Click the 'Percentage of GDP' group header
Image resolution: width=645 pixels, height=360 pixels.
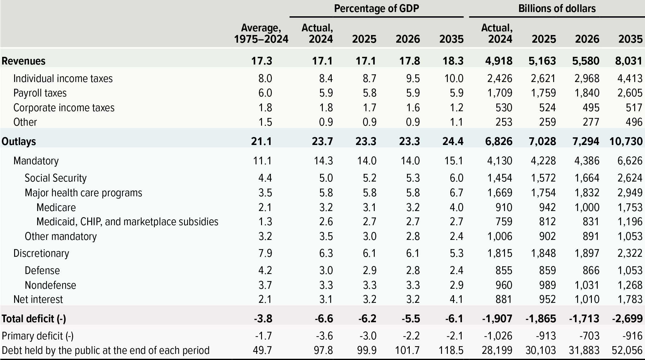click(x=376, y=9)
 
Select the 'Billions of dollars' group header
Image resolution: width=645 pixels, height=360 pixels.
click(x=557, y=9)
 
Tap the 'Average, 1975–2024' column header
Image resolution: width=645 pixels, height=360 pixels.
click(x=261, y=33)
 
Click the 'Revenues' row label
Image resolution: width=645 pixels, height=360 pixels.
click(x=24, y=61)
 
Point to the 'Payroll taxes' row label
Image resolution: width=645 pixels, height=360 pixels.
click(x=40, y=93)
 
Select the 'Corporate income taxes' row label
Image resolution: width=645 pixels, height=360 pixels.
click(x=64, y=108)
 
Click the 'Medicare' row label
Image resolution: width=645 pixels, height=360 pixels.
click(x=56, y=207)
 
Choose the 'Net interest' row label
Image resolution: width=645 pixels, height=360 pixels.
click(x=38, y=299)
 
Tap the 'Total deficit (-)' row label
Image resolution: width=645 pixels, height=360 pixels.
click(x=34, y=319)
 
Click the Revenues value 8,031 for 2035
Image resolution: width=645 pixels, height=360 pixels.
click(x=628, y=61)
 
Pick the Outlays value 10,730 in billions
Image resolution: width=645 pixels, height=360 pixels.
click(x=626, y=141)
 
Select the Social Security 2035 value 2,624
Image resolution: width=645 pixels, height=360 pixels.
click(x=630, y=178)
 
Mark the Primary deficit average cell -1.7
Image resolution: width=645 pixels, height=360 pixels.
click(x=264, y=336)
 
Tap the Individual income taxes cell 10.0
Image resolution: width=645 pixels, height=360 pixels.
click(x=454, y=79)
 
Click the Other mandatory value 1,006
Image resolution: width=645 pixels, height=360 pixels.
click(x=499, y=236)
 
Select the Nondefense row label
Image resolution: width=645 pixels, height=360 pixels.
click(x=50, y=285)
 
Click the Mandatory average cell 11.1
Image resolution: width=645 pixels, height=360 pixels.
click(x=262, y=161)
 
